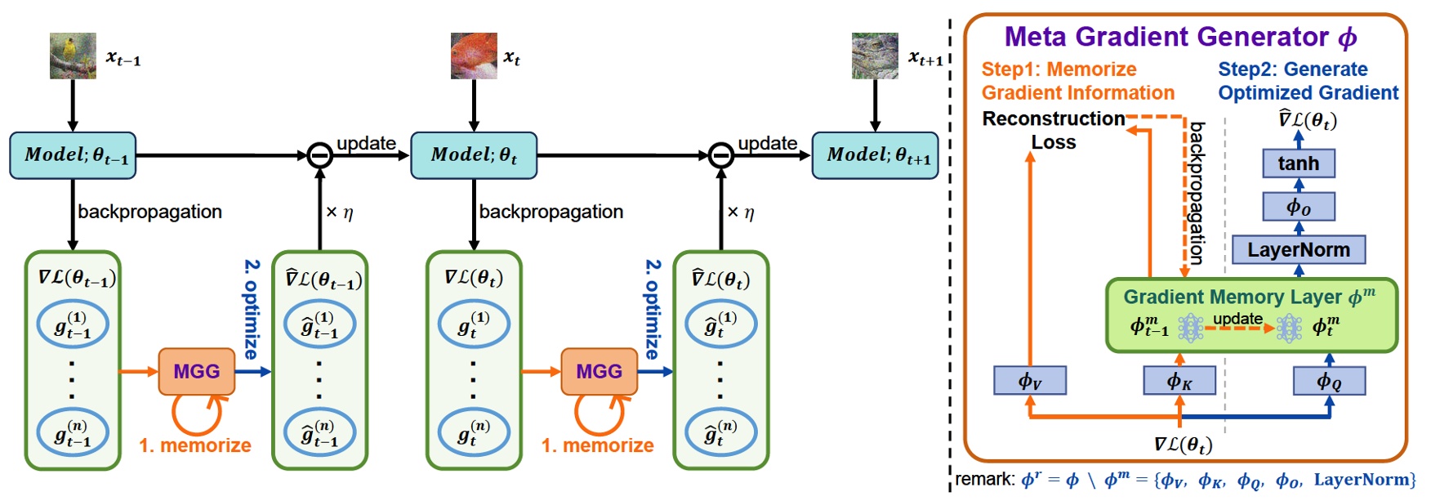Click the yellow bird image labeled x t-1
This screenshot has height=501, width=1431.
[x=73, y=56]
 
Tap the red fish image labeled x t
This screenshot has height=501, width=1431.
[x=474, y=56]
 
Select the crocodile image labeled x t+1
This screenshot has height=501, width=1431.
[x=875, y=56]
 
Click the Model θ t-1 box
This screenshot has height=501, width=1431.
[x=73, y=155]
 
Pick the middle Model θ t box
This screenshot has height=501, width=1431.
[x=474, y=155]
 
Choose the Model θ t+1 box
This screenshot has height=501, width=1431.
[x=875, y=155]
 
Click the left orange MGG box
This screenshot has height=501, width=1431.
[x=197, y=372]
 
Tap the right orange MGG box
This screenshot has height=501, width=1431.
[x=599, y=372]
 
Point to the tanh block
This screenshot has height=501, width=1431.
[x=1298, y=163]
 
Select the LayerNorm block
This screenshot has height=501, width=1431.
[x=1298, y=250]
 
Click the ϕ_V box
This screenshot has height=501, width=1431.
[x=1030, y=381]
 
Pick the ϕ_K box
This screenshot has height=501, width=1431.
[x=1179, y=381]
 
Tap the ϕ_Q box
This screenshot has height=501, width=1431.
[x=1329, y=381]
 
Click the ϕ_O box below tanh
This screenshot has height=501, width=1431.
[x=1298, y=207]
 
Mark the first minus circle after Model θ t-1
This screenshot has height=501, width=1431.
[x=319, y=155]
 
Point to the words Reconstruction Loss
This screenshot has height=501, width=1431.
[x=1053, y=130]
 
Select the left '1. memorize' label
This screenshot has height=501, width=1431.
[x=195, y=445]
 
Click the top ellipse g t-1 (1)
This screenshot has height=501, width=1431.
[x=73, y=324]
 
